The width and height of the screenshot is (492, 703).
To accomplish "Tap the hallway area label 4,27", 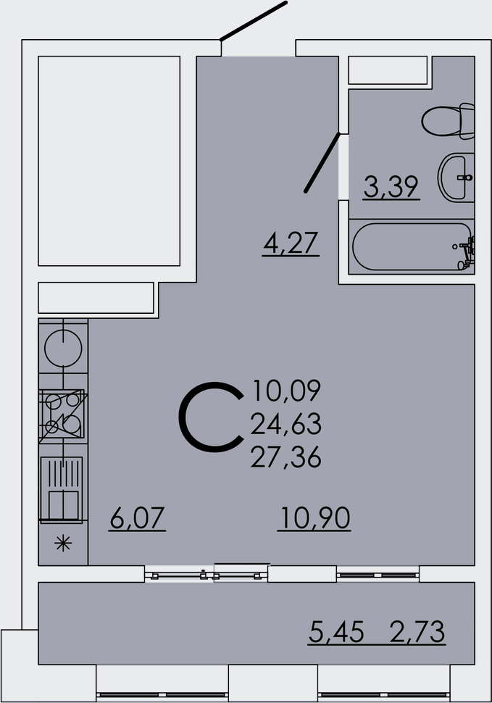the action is pyautogui.click(x=291, y=243).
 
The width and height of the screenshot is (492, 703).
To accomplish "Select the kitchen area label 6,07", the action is pyautogui.click(x=138, y=518).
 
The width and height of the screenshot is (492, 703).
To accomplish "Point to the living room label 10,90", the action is pyautogui.click(x=314, y=518).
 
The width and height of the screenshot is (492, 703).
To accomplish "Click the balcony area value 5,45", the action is pyautogui.click(x=336, y=632).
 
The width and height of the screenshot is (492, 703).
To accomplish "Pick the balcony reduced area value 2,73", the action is pyautogui.click(x=417, y=632).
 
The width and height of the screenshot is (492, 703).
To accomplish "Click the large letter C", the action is pyautogui.click(x=211, y=417).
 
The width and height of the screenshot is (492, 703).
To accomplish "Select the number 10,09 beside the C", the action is pyautogui.click(x=287, y=390).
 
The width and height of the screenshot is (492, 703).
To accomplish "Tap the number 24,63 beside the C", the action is pyautogui.click(x=286, y=424).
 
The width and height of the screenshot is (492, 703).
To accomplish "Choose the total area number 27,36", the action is pyautogui.click(x=286, y=458).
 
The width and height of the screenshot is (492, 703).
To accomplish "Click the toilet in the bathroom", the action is pyautogui.click(x=448, y=121).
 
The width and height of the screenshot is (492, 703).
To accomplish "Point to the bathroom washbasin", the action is pyautogui.click(x=456, y=177).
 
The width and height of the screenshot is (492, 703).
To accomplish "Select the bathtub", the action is pyautogui.click(x=412, y=246).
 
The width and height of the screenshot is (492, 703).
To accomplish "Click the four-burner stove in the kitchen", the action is pyautogui.click(x=62, y=415).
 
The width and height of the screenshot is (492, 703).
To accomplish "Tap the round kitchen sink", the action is pyautogui.click(x=63, y=349).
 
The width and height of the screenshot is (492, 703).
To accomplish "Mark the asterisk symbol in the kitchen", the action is pyautogui.click(x=63, y=544).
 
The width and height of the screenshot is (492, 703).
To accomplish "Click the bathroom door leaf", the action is pyautogui.click(x=322, y=163).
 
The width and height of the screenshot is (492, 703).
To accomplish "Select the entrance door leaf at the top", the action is pyautogui.click(x=253, y=21).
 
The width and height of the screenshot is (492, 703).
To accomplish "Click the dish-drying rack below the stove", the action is pyautogui.click(x=62, y=489).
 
